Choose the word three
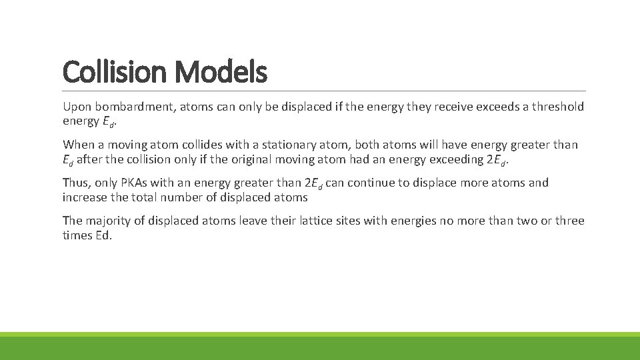(568, 221)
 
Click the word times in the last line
(76, 235)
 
